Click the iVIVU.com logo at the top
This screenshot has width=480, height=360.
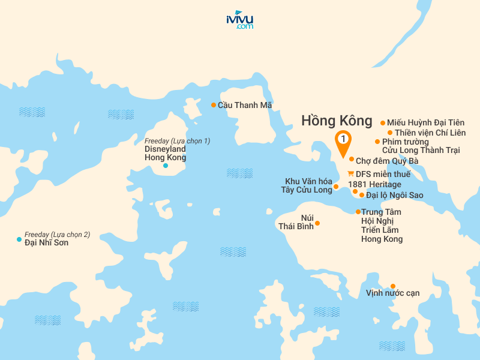239,20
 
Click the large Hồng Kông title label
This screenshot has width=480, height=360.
337,121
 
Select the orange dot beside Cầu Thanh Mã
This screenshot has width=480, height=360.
213,105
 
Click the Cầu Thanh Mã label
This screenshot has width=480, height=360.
245,105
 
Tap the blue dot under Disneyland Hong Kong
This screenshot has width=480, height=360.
166,165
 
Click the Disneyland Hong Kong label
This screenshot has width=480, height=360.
165,153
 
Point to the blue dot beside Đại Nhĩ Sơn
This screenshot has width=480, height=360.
19,239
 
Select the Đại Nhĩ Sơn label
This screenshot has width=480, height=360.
46,243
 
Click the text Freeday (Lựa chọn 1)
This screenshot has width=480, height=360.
177,141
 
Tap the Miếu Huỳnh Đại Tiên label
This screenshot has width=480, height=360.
425,122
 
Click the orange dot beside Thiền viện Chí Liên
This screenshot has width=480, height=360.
390,133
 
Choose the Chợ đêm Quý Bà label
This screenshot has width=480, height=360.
387,161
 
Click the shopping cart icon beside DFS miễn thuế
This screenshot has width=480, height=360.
350,174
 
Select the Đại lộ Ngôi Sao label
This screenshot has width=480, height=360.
395,196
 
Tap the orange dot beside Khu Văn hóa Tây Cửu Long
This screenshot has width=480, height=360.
336,187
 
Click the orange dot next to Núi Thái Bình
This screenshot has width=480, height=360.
317,223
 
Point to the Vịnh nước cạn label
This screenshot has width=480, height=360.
392,293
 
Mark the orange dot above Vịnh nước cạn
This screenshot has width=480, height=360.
393,286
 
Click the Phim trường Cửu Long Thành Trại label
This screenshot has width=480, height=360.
420,146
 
